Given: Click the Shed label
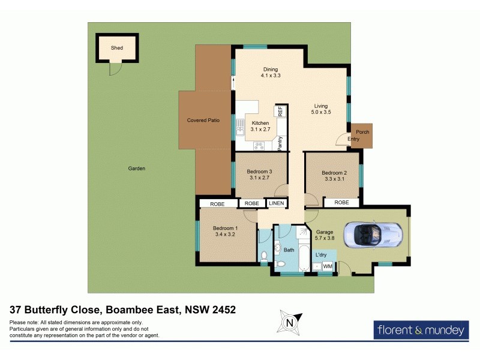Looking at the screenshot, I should pyautogui.click(x=117, y=48).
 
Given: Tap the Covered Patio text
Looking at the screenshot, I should pyautogui.click(x=203, y=120).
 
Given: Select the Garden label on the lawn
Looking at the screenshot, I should pyautogui.click(x=137, y=169).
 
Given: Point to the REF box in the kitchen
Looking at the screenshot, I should pyautogui.click(x=280, y=111).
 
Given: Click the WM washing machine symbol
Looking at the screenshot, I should pyautogui.click(x=328, y=266).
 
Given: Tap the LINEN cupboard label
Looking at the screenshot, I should pyautogui.click(x=276, y=203).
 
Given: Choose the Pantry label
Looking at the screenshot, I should pyautogui.click(x=280, y=145).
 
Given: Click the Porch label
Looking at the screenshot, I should pyautogui.click(x=362, y=132).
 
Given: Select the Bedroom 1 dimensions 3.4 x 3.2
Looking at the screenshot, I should pyautogui.click(x=226, y=235).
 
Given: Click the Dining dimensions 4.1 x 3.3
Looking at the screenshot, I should pyautogui.click(x=271, y=76).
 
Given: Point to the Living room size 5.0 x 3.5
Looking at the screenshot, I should pyautogui.click(x=321, y=112).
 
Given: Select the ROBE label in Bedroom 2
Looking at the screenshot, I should pyautogui.click(x=341, y=203).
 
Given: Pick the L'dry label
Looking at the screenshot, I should pyautogui.click(x=321, y=254).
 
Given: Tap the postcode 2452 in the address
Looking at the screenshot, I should pyautogui.click(x=222, y=310).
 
